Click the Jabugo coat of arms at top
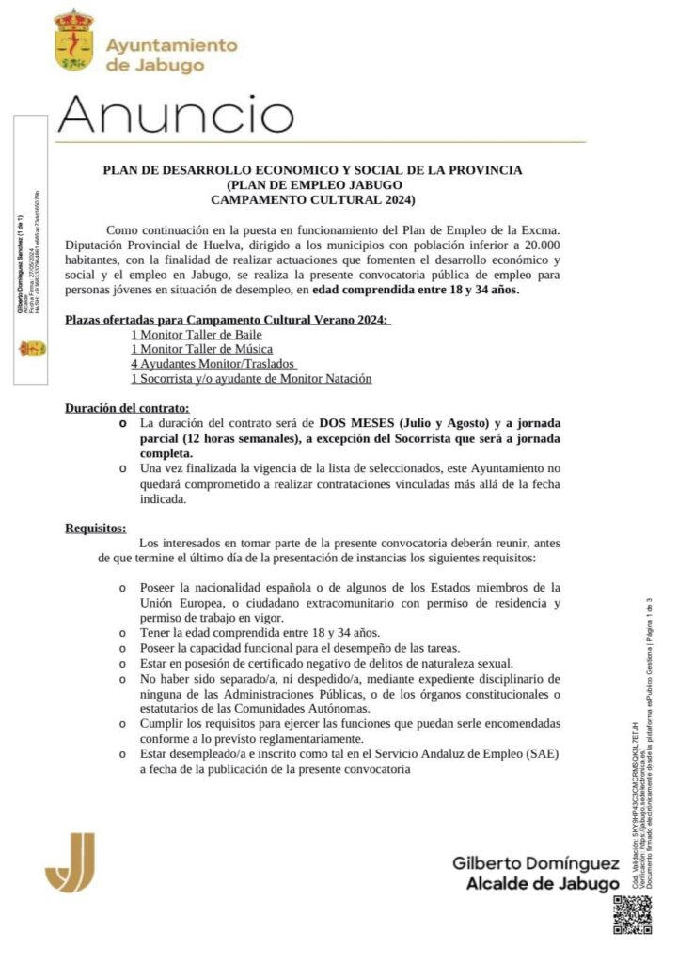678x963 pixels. pyautogui.click(x=73, y=39)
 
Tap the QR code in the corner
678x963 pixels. pyautogui.click(x=632, y=915)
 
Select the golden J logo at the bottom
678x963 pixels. pyautogui.click(x=71, y=861)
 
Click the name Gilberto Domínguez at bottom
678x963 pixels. pyautogui.click(x=535, y=863)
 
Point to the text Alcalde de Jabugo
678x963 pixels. pyautogui.click(x=543, y=883)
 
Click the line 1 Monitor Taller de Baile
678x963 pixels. pyautogui.click(x=197, y=334)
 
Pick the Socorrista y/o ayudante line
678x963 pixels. pyautogui.click(x=251, y=378)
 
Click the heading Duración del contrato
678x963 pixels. pyautogui.click(x=127, y=408)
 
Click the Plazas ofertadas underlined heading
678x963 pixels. pyautogui.click(x=227, y=319)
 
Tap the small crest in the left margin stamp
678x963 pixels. pyautogui.click(x=32, y=348)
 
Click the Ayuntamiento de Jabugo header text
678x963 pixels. pyautogui.click(x=171, y=55)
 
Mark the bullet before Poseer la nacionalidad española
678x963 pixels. pyautogui.click(x=122, y=587)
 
